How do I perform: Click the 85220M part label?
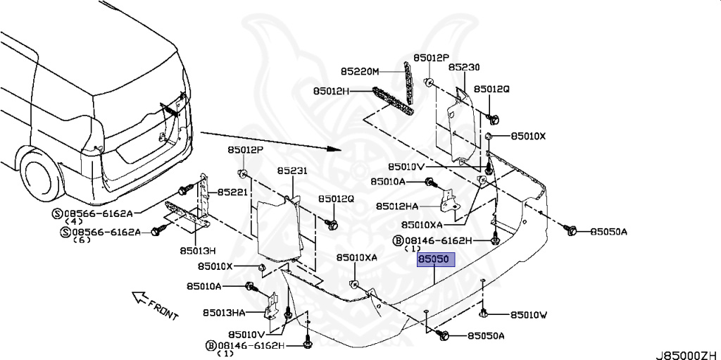click(360, 72)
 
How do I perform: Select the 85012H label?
click(332, 91)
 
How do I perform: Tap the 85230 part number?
click(464, 68)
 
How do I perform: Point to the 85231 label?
click(292, 171)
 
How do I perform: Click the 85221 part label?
click(232, 192)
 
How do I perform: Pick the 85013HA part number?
click(225, 313)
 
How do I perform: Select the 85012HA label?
click(397, 206)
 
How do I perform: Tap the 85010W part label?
click(528, 315)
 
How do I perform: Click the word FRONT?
click(163, 307)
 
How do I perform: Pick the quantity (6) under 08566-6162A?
click(83, 240)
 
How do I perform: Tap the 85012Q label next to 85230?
click(491, 89)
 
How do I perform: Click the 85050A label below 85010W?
click(487, 336)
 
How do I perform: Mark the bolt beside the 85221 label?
click(185, 190)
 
